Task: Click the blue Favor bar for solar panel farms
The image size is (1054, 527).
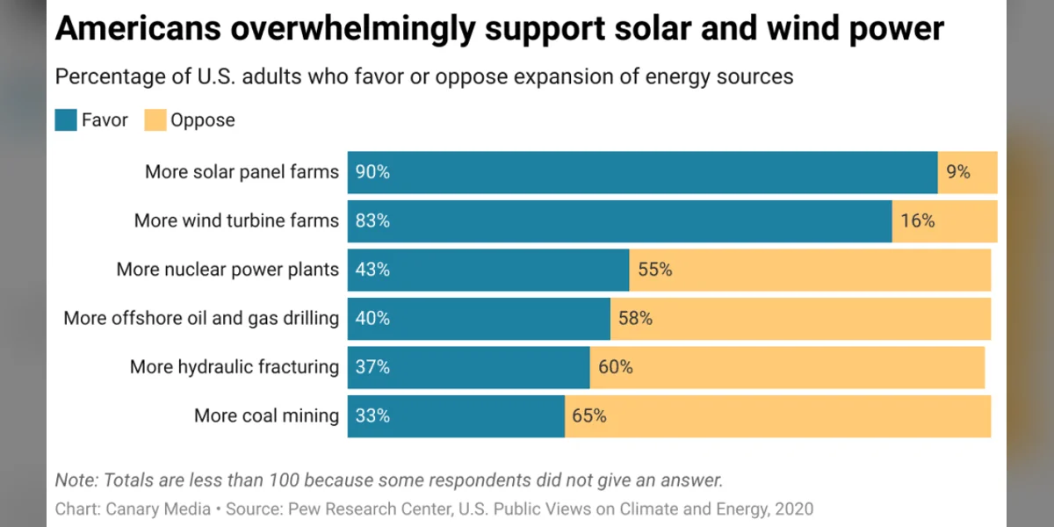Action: pos(641,172)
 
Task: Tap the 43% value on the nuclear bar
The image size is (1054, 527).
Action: pos(372,271)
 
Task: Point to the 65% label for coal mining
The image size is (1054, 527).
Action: pos(589,415)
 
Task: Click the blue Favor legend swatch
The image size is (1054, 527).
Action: pos(66,120)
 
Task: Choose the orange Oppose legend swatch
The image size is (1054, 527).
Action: pos(155,120)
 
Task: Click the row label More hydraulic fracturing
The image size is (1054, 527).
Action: pos(234,367)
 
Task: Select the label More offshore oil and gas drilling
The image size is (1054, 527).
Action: pos(200,318)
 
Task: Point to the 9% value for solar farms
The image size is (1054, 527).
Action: pos(957,172)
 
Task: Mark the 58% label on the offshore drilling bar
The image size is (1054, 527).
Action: pos(635,318)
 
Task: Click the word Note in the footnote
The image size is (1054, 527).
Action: pos(76,480)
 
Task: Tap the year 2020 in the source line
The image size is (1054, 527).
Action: pos(793,509)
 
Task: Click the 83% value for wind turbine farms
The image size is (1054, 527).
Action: pos(372,221)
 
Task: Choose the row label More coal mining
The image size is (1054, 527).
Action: pos(266,415)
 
